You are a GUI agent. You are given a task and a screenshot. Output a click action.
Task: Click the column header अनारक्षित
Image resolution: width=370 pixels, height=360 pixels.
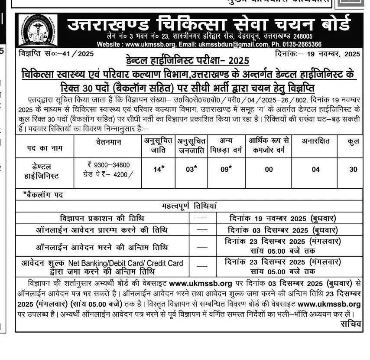pos(316,141)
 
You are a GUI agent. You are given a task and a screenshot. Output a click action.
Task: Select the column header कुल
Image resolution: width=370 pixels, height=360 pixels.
pos(353,141)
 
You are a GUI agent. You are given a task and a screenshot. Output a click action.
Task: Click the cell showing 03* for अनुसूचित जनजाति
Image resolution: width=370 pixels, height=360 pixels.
pos(191,170)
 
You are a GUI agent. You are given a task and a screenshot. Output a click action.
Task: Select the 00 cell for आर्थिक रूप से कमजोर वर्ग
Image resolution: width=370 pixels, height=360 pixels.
pos(269,170)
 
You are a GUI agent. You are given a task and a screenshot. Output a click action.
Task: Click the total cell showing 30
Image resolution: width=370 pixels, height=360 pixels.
pos(353,170)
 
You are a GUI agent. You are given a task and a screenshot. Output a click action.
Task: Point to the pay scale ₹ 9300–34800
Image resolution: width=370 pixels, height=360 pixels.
pos(108,164)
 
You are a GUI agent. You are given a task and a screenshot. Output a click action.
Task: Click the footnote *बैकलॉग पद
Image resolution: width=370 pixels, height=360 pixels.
pos(43,195)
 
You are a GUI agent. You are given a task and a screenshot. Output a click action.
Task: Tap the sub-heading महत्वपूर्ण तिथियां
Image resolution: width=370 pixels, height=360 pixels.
pos(189,206)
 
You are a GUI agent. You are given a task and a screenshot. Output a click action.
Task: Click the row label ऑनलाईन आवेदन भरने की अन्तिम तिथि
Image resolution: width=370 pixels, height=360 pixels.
pos(102,247)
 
